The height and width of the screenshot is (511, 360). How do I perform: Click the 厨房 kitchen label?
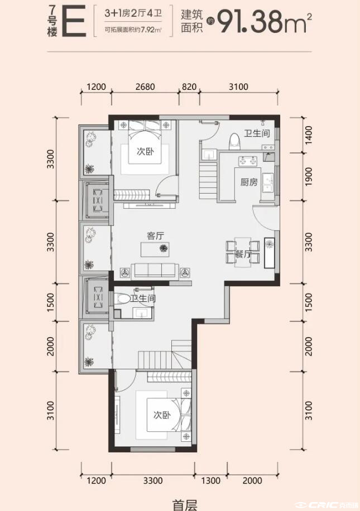pos(249,182)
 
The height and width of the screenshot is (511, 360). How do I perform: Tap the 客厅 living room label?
pos(156,235)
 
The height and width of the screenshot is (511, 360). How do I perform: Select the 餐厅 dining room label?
pos(243,254)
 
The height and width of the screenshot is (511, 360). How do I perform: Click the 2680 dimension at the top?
pos(146,86)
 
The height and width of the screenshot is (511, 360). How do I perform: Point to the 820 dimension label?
pos(189,86)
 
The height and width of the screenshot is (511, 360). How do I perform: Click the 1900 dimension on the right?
pos(308,177)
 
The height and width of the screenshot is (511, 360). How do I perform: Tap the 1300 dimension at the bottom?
pos(211,480)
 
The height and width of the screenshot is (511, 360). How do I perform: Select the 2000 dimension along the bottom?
pos(252,480)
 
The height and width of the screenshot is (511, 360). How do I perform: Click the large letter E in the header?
pos(74,22)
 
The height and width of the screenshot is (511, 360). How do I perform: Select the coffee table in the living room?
pos(155,249)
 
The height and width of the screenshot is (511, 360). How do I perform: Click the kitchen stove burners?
pos(247,160)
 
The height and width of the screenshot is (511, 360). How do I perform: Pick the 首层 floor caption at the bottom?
pos(185,505)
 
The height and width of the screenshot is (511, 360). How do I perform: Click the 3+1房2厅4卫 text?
pos(133,14)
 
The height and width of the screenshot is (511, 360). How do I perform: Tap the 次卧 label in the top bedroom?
pos(145,152)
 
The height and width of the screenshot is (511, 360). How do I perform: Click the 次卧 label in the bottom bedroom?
pos(162,415)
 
